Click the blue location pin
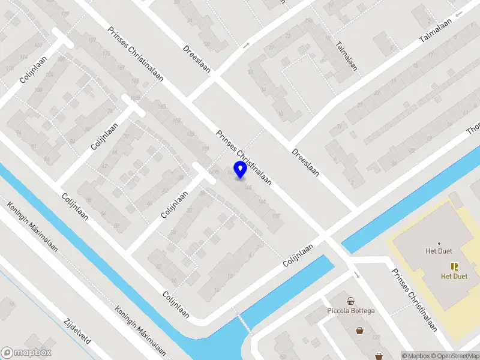(241, 170)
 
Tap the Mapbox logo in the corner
(26, 353)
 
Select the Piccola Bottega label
(351, 310)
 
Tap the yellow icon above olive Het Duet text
(454, 266)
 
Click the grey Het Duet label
(439, 251)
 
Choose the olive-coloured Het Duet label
(454, 277)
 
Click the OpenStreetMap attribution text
(455, 356)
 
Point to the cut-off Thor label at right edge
(473, 128)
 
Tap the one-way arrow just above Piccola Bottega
(358, 275)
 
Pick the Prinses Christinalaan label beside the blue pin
(244, 157)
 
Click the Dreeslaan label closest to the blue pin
(305, 162)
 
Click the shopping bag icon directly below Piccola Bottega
(359, 329)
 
